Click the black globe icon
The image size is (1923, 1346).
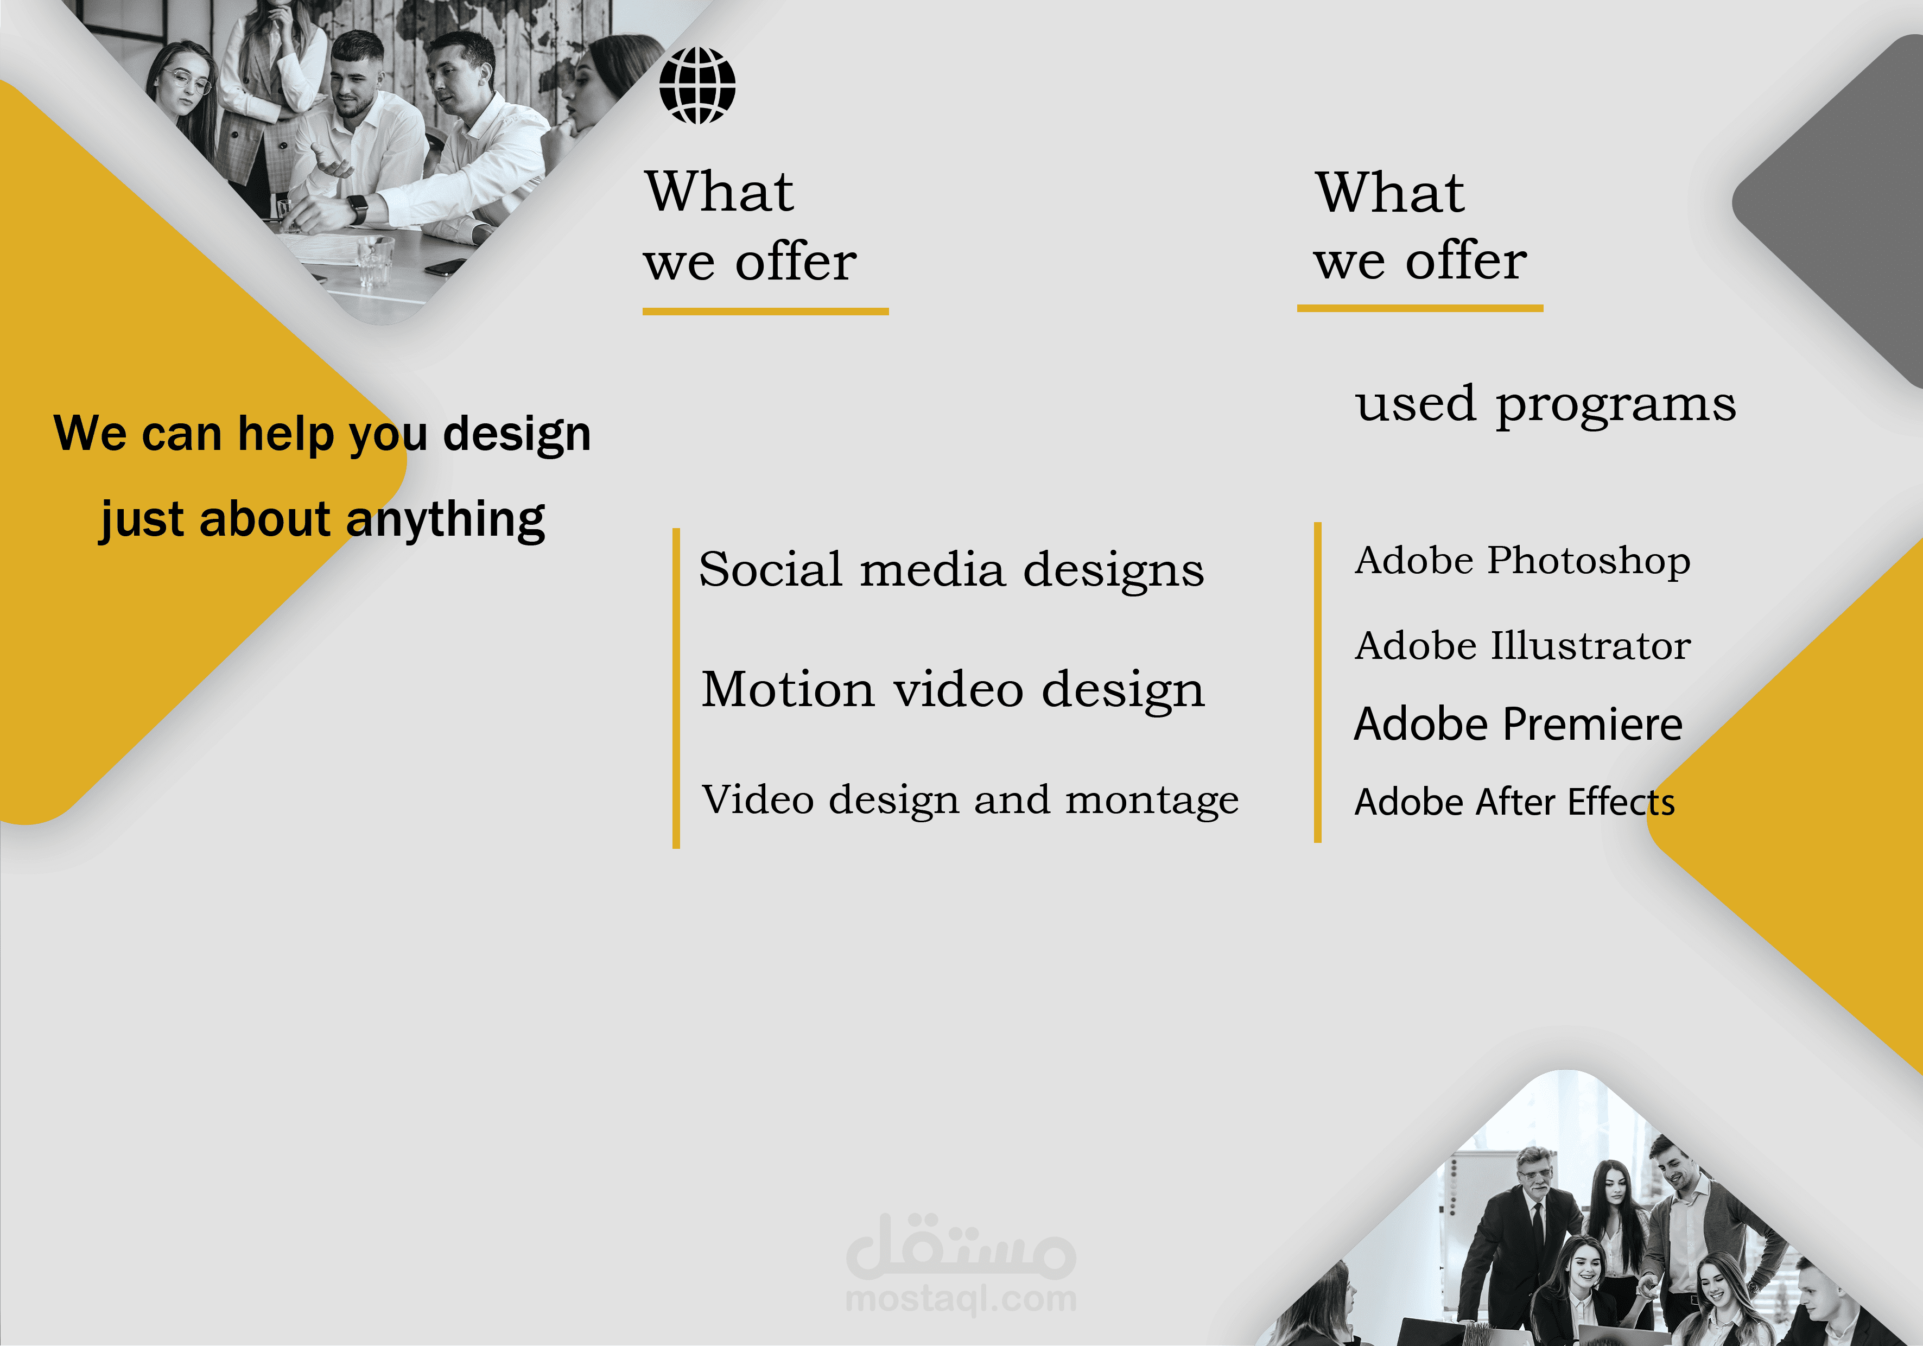point(697,85)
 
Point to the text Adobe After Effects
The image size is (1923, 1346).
point(1514,802)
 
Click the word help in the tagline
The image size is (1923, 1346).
point(285,435)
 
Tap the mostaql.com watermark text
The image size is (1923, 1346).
point(961,1299)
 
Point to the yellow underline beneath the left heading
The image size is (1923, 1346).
point(765,312)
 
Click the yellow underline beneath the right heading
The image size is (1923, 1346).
point(1420,308)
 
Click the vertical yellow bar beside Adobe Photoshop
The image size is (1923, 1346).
point(1317,682)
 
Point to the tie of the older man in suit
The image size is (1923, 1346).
point(1538,1224)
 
